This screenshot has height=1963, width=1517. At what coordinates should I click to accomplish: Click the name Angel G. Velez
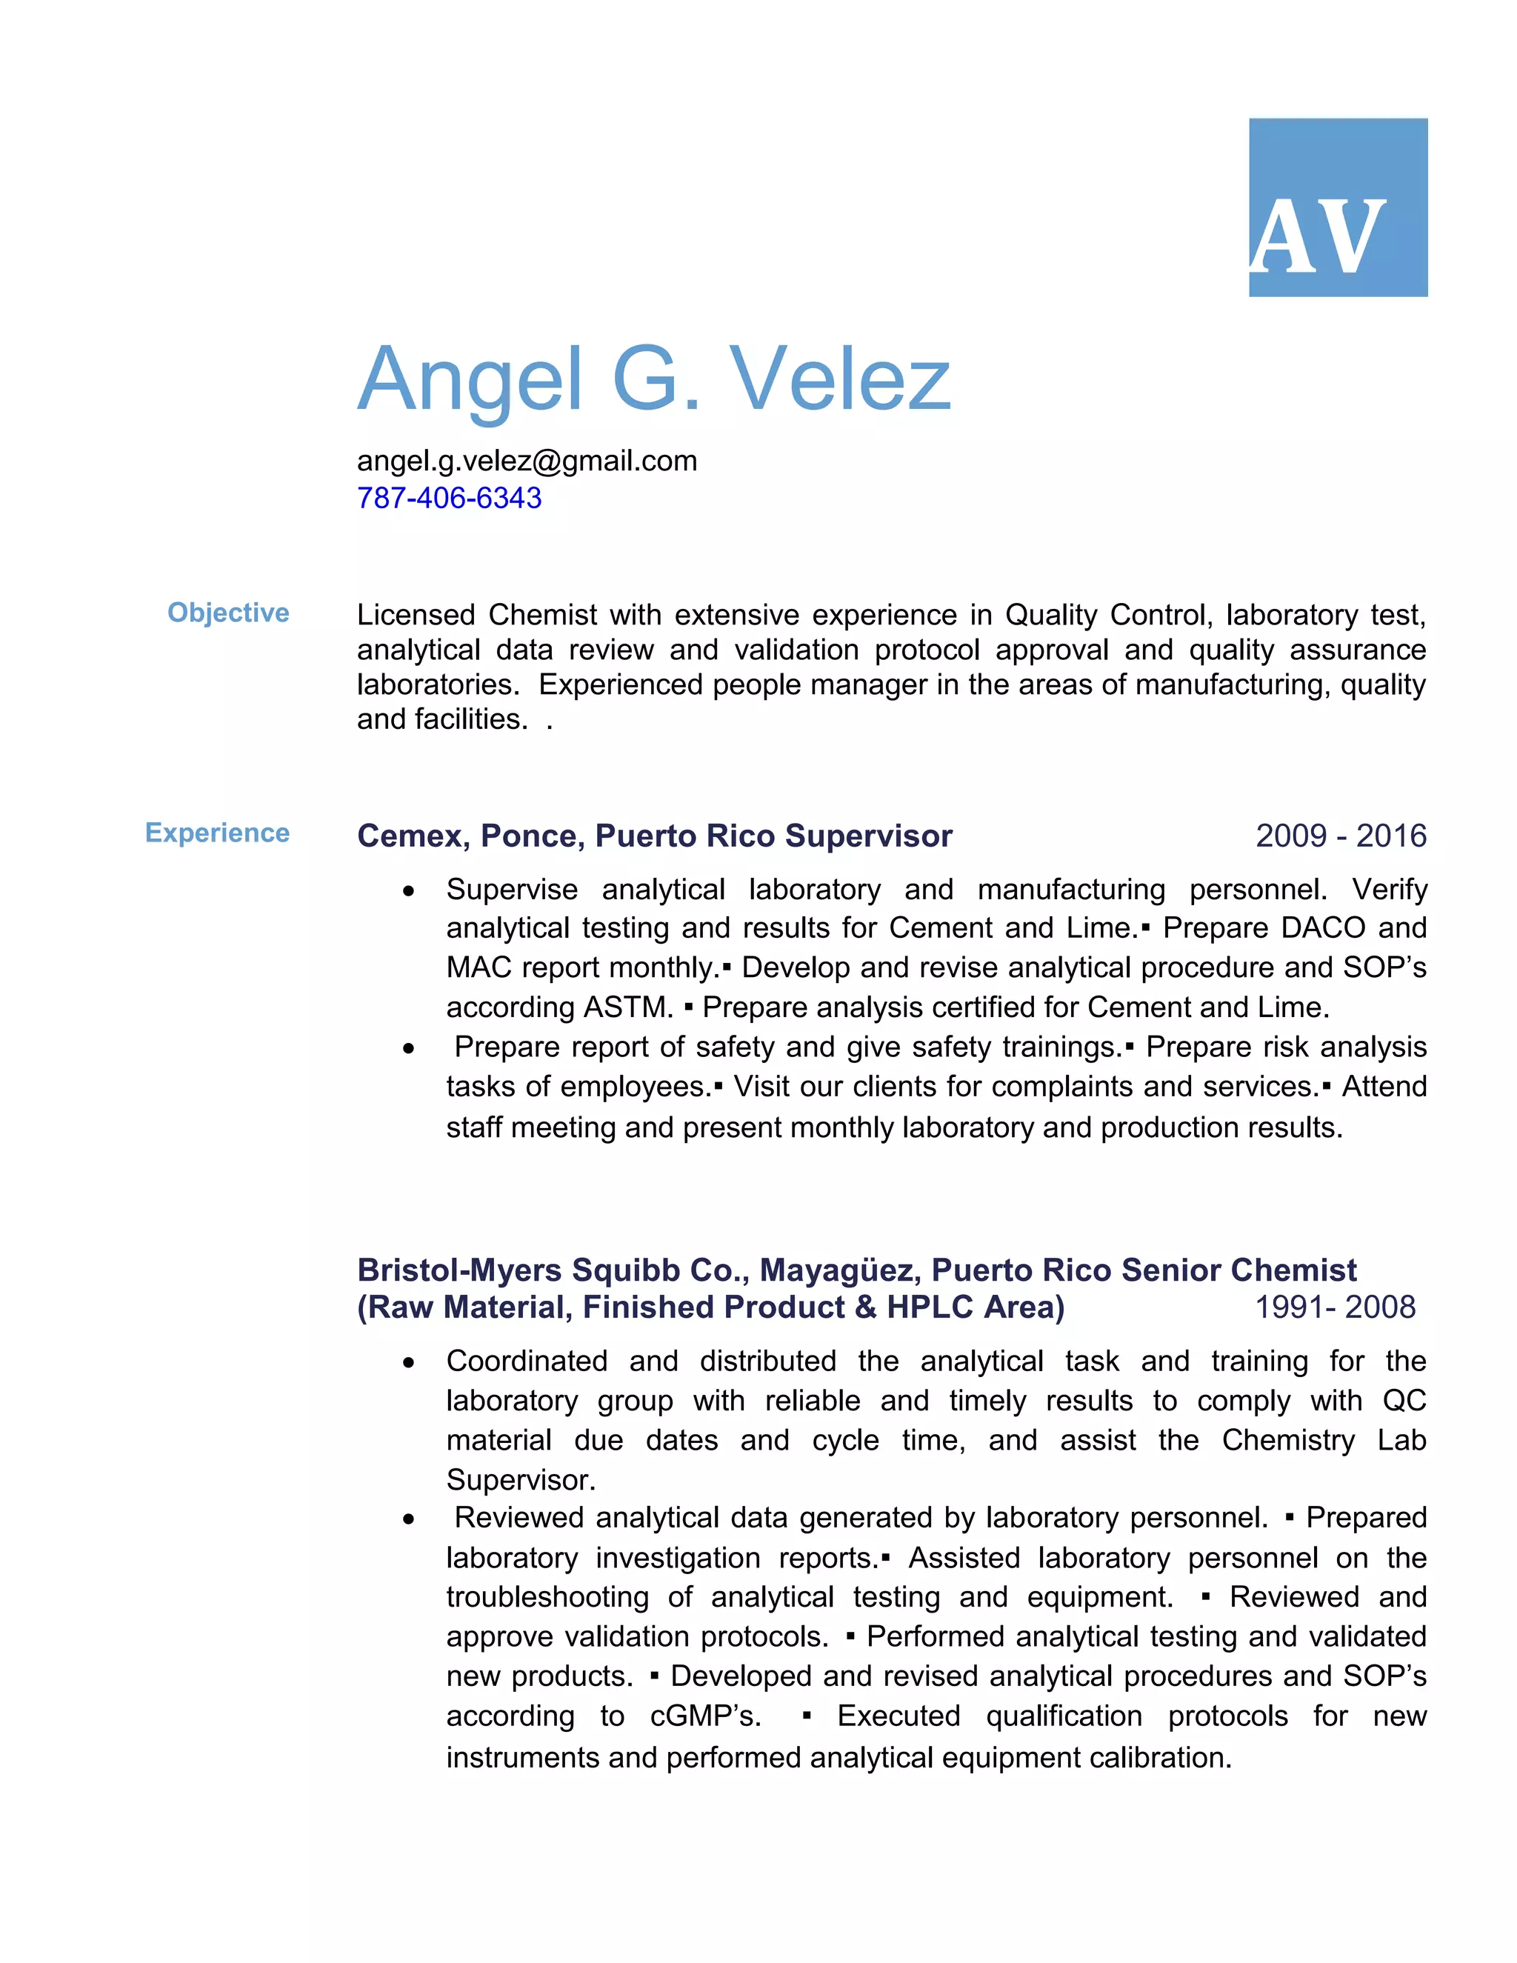653,379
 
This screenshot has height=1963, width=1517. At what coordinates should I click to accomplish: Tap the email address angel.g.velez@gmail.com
527,461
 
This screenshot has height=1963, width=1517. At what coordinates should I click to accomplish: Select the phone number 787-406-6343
450,498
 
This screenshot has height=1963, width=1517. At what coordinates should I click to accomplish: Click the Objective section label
228,613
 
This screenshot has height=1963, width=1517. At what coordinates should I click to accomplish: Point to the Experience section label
218,833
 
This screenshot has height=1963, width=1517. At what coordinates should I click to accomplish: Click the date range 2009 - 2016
1340,836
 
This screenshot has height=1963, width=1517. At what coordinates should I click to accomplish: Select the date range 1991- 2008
1335,1307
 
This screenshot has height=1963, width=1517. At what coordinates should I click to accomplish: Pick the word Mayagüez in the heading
839,1270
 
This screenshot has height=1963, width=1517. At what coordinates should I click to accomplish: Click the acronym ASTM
627,1007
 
